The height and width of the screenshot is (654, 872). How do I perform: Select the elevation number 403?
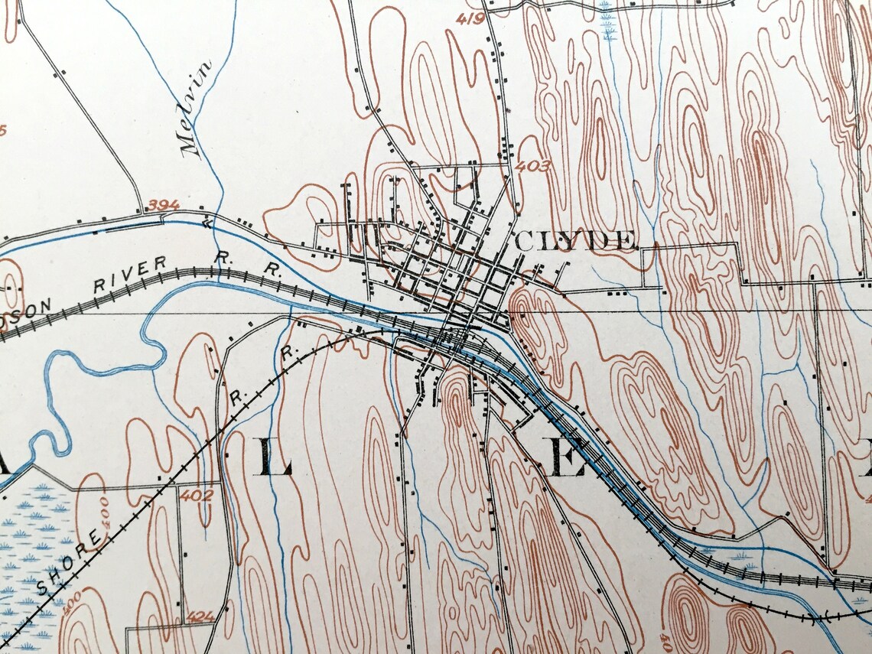532,165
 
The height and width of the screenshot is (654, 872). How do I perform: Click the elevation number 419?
469,18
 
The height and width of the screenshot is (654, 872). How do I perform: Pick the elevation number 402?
197,495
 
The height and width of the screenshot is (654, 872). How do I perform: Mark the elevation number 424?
200,615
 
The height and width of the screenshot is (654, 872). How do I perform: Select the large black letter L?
276,458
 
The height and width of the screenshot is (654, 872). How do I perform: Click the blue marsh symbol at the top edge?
609,20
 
